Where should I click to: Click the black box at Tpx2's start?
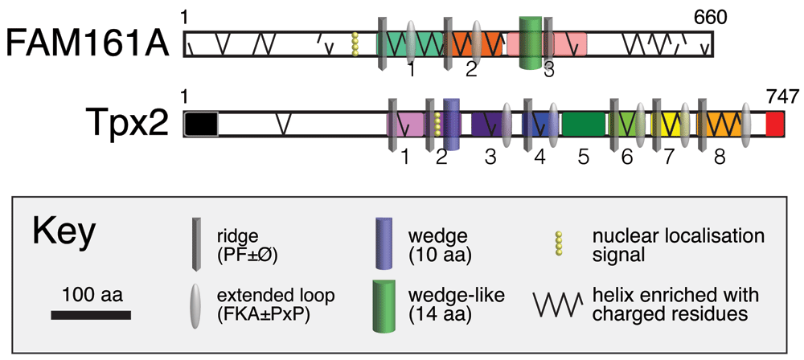click(x=201, y=124)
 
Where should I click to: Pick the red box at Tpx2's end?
click(x=775, y=124)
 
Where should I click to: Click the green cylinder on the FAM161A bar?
click(x=529, y=43)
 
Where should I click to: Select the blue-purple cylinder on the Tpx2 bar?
click(x=452, y=124)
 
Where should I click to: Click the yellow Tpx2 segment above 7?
click(x=669, y=123)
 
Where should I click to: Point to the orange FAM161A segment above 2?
click(x=464, y=44)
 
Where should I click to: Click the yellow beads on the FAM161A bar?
click(x=355, y=44)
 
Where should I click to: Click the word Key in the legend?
click(x=64, y=233)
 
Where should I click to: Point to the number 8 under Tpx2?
click(x=720, y=157)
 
